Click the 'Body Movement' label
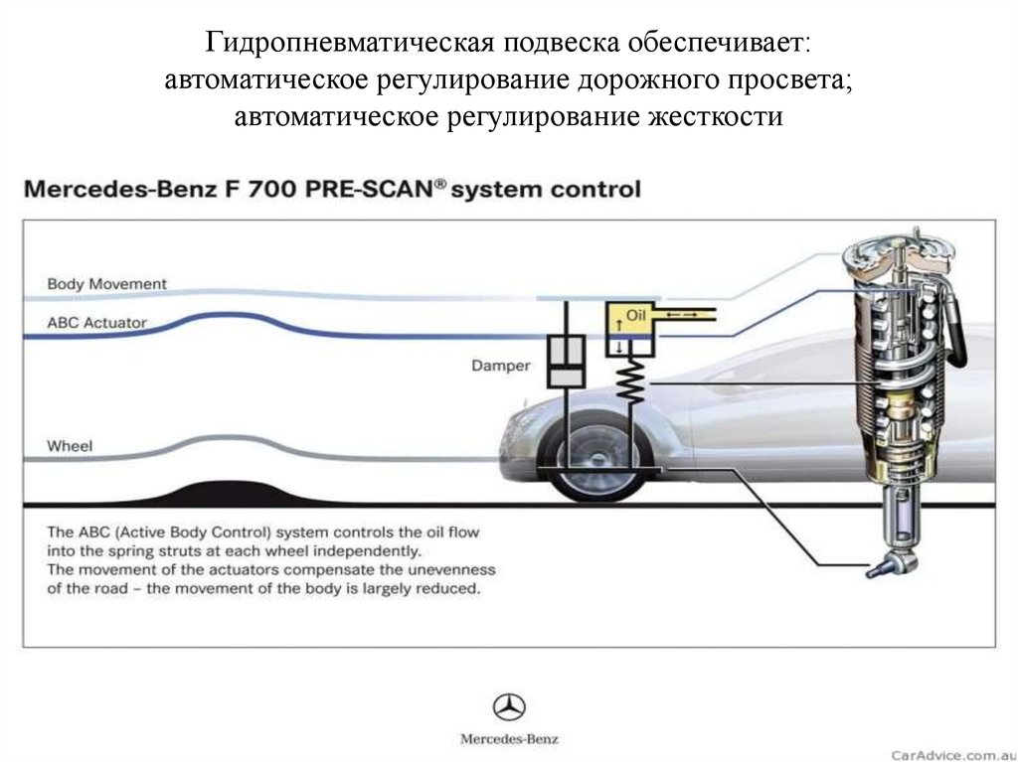click(106, 284)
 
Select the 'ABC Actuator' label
click(96, 323)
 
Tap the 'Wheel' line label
click(70, 446)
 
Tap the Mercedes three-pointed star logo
click(509, 707)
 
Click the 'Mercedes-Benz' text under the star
click(509, 740)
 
